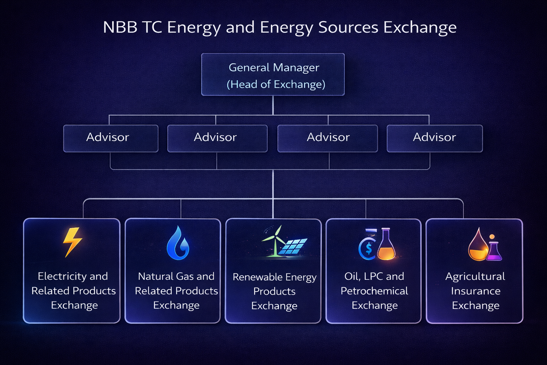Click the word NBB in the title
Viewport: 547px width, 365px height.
(120, 27)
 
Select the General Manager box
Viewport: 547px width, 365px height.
(273, 74)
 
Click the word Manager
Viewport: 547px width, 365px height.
(297, 67)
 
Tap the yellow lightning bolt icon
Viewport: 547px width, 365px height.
(73, 242)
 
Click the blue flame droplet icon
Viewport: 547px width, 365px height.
(178, 243)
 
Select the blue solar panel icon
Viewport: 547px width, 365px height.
(293, 246)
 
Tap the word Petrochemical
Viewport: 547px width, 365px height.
(374, 291)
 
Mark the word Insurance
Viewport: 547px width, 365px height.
(475, 291)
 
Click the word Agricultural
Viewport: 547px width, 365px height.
(475, 276)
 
